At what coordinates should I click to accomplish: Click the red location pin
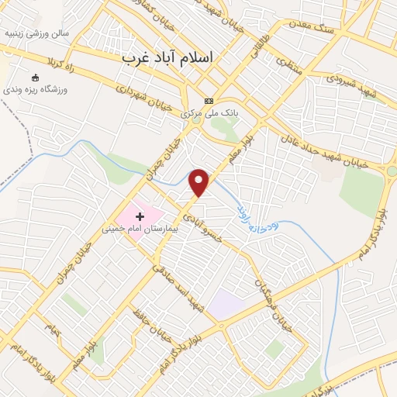click(x=200, y=182)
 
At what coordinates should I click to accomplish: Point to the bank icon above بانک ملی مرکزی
click(x=208, y=102)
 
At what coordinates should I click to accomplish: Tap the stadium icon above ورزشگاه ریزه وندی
click(x=35, y=77)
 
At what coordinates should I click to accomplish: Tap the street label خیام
click(x=51, y=330)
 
